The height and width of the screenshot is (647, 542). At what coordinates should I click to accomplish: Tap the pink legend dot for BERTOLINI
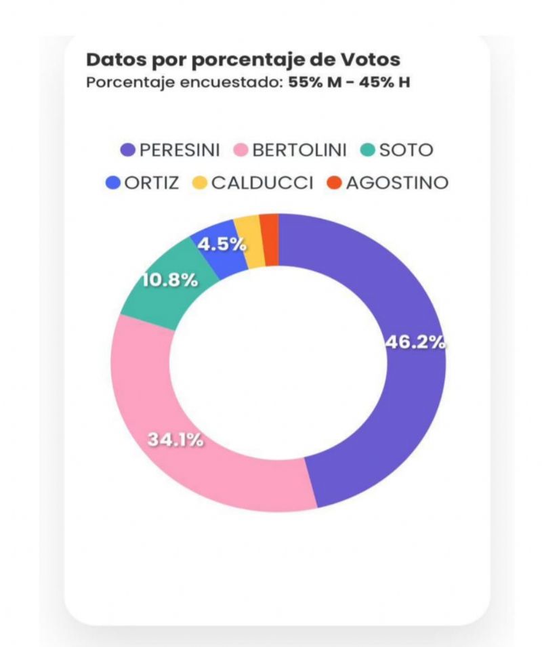tap(241, 150)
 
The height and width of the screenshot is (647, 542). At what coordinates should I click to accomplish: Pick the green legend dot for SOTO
tap(367, 150)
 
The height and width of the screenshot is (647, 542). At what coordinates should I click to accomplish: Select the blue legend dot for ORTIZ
tap(113, 183)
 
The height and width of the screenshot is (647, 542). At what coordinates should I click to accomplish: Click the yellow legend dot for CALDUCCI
tap(201, 183)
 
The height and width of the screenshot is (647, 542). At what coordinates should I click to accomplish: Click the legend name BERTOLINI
tap(299, 150)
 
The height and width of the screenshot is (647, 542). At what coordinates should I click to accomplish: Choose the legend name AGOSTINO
tap(397, 183)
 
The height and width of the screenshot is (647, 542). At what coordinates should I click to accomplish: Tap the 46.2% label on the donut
tap(415, 342)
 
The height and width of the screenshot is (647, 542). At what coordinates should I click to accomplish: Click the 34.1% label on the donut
tap(176, 440)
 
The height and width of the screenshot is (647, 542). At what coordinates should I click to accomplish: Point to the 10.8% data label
tap(169, 280)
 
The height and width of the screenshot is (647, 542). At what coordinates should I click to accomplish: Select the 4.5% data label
tap(222, 245)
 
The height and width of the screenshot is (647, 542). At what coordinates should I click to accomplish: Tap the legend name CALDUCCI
tap(263, 183)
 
